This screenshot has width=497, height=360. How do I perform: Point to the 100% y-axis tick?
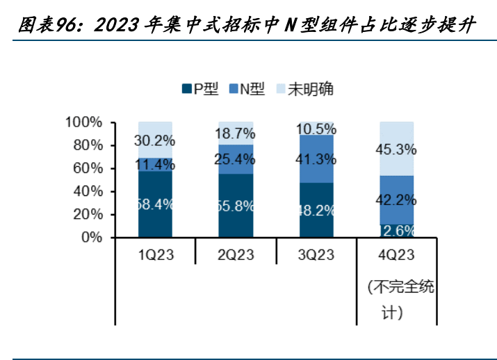click(85, 122)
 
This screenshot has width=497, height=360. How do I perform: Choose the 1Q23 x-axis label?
click(156, 255)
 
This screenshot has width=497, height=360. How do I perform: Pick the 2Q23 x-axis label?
click(236, 255)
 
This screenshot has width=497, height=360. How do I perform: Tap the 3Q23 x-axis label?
click(316, 255)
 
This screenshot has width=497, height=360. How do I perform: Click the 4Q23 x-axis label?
click(396, 255)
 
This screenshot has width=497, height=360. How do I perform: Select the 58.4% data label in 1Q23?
click(155, 204)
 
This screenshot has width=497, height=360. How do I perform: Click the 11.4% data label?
click(155, 165)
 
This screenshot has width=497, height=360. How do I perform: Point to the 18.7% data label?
click(236, 133)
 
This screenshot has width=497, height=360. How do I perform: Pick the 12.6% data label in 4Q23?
click(396, 230)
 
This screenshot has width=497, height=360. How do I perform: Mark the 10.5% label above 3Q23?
click(316, 129)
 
